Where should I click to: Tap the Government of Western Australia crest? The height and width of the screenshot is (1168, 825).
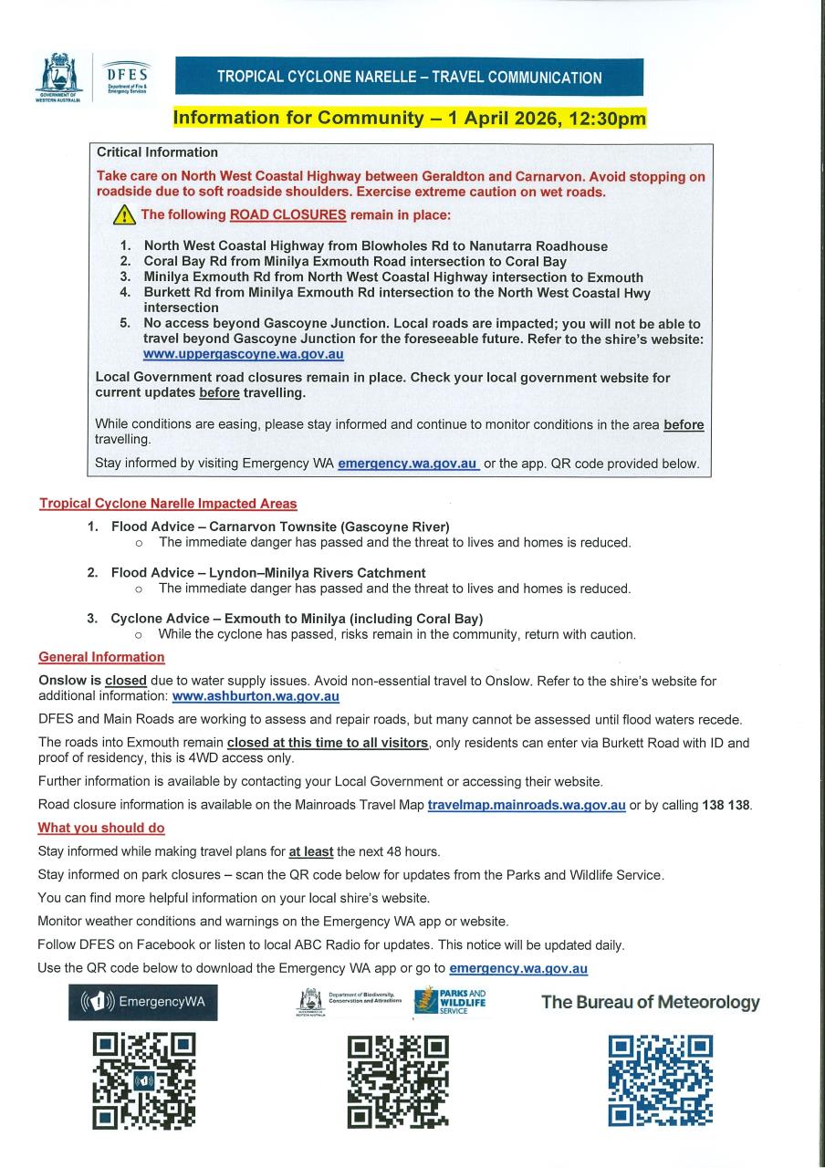click(x=58, y=78)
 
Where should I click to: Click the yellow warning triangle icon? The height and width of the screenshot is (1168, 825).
click(x=123, y=216)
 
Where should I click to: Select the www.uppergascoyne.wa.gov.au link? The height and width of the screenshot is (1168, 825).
click(x=244, y=354)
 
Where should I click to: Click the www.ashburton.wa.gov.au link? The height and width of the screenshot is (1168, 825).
click(x=256, y=696)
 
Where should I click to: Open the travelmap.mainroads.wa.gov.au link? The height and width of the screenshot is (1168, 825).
click(x=527, y=805)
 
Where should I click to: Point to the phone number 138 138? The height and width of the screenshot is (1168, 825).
click(x=726, y=805)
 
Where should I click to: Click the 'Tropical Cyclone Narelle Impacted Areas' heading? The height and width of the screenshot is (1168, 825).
click(x=168, y=504)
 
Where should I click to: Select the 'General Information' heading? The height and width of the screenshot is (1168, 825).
click(x=101, y=657)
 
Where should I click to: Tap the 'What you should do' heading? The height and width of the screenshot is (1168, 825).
click(x=101, y=828)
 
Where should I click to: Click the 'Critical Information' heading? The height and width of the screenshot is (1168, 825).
click(x=157, y=152)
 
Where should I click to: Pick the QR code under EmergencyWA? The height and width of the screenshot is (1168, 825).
click(x=143, y=1079)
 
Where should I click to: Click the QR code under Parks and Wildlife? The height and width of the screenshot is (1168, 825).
click(x=399, y=1081)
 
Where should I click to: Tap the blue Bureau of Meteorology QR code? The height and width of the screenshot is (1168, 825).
click(x=661, y=1080)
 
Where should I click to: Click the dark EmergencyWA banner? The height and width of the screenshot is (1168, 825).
click(x=143, y=1002)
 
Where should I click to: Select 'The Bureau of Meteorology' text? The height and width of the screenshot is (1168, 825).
click(x=651, y=1002)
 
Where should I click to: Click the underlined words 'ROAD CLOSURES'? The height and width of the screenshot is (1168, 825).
click(x=288, y=215)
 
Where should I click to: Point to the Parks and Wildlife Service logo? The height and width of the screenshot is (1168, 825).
click(x=451, y=1001)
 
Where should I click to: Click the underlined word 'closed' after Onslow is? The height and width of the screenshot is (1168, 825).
click(x=126, y=681)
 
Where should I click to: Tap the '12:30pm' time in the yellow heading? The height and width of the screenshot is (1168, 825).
click(x=604, y=118)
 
